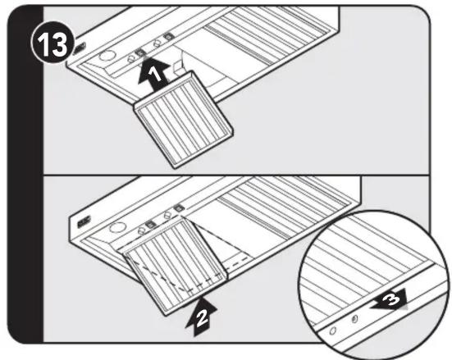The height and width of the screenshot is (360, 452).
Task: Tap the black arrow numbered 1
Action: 153,75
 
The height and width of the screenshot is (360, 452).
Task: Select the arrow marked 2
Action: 201,317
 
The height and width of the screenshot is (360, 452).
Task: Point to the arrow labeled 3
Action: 390,300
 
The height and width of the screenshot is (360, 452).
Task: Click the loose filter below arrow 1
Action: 184,120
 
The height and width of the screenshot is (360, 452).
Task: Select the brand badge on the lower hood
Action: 84,221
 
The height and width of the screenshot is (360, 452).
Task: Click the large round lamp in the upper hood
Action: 107,56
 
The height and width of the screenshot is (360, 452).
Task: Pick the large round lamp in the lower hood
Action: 117,227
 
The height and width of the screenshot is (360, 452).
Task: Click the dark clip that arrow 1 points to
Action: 140,52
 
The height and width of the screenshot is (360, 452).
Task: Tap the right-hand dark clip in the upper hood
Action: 167,37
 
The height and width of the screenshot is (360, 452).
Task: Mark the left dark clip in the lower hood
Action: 149,224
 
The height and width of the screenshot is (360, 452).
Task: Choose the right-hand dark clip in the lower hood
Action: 179,207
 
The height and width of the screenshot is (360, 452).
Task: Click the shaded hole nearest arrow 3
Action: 355,319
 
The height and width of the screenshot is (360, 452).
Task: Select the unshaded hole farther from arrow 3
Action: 333,330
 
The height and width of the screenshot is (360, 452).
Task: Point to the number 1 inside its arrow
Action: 155,75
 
